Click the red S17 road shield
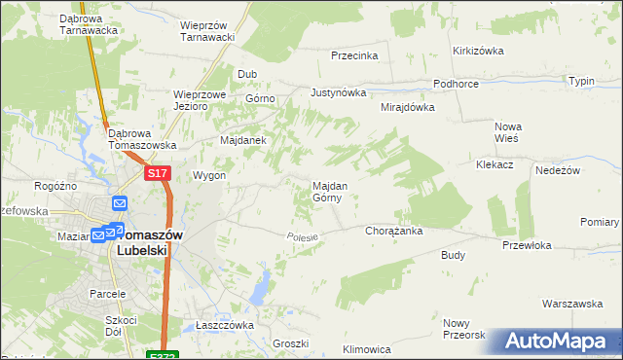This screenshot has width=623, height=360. tap(159, 173)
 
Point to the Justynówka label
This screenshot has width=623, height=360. tap(338, 93)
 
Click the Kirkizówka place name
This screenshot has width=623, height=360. tap(476, 51)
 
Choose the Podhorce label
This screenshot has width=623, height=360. tap(456, 85)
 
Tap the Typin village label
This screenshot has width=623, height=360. tap(581, 81)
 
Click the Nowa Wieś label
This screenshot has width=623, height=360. tap(508, 132)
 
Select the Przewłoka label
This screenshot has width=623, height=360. tap(527, 246)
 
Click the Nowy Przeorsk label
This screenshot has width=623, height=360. tap(463, 329)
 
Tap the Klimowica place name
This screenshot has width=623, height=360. tap(367, 348)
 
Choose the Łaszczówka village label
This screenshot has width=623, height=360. tap(224, 325)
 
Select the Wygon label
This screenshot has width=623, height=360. tap(209, 176)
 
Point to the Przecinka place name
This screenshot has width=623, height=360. tap(354, 56)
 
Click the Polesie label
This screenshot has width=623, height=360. tap(303, 236)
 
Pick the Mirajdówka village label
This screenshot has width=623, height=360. tap(407, 108)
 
